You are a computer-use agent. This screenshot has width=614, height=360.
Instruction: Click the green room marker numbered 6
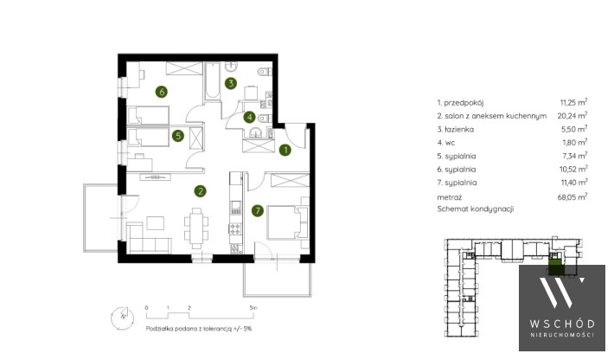[x=162, y=92]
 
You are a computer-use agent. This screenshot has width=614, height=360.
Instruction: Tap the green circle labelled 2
[x=200, y=191]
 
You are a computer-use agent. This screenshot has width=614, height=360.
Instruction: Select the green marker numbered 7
[x=258, y=211]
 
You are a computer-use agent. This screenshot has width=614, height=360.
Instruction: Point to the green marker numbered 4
[x=249, y=117]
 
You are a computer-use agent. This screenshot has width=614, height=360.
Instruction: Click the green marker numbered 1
[x=285, y=150]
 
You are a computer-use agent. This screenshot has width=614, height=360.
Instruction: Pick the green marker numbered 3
[x=231, y=83]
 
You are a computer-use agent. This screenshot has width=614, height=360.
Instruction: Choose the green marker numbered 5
[x=178, y=136]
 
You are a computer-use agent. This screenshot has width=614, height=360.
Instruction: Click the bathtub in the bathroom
[x=213, y=81]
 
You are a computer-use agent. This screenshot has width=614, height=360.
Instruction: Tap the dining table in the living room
[x=196, y=228]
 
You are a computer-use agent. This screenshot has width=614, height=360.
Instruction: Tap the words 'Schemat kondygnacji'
[x=476, y=209]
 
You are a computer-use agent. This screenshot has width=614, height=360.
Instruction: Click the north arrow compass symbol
[x=122, y=318]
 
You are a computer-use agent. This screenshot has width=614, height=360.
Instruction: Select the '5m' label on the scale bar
[x=253, y=308]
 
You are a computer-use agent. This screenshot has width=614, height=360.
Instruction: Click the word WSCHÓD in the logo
[x=562, y=324]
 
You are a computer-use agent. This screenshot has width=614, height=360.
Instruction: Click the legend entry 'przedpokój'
[x=464, y=103]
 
